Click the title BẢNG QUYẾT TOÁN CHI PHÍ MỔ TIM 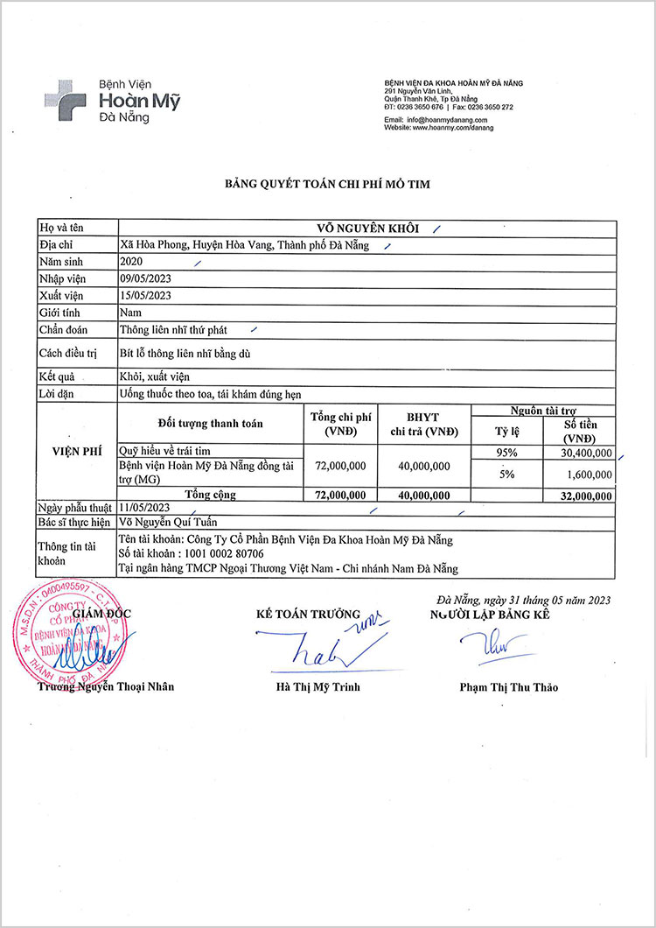328,184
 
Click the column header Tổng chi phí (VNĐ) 341,425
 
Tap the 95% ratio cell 507,453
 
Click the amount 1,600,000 587,474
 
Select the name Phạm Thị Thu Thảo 508,687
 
